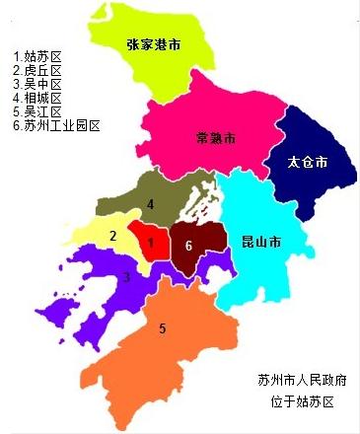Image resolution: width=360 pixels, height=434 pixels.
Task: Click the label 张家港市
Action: coord(155,44)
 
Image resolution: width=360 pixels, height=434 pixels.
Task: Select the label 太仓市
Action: coord(307,160)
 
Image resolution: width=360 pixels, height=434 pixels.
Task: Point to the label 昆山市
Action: coord(260,242)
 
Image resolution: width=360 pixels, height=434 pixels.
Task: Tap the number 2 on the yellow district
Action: coord(113,236)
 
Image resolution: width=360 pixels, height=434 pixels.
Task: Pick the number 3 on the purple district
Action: coord(126,277)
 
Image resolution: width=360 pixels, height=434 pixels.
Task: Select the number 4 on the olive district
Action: coord(150,204)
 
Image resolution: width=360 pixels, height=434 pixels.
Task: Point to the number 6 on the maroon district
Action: coord(187,245)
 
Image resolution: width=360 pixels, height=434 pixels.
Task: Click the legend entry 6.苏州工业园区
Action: coord(56,125)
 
